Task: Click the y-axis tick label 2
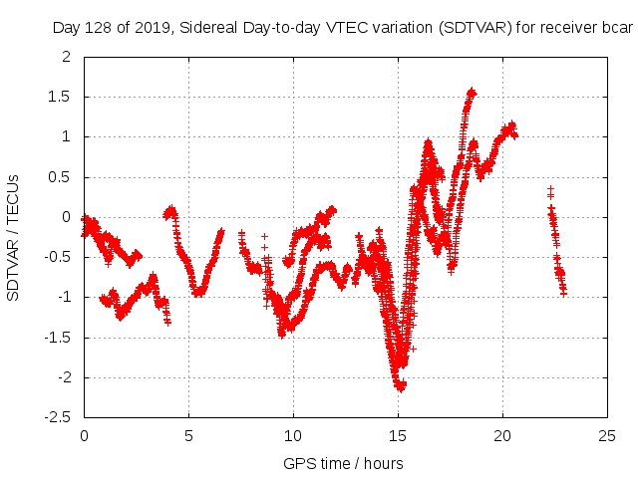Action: (x=66, y=57)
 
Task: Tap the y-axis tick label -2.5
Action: (x=58, y=417)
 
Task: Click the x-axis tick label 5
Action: (x=188, y=435)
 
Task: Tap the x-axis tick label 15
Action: (x=398, y=435)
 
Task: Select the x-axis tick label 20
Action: (x=502, y=435)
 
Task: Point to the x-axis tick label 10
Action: (x=293, y=435)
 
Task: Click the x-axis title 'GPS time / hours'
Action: (x=343, y=463)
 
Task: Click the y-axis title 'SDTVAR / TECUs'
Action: (x=13, y=237)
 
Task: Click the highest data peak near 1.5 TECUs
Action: (x=472, y=92)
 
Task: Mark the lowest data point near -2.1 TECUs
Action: (x=400, y=387)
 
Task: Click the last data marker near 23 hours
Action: (x=564, y=293)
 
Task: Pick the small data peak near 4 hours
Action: (x=171, y=209)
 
